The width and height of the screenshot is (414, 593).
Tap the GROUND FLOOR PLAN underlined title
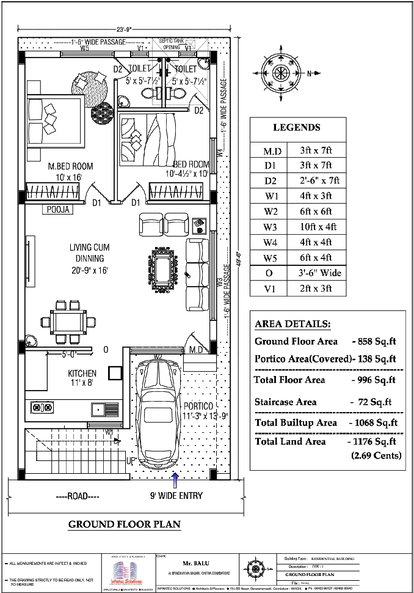[124, 524]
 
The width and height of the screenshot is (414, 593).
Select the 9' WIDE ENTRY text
[177, 495]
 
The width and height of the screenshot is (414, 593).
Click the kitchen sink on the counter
[97, 407]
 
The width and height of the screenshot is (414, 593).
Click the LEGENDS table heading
[296, 128]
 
